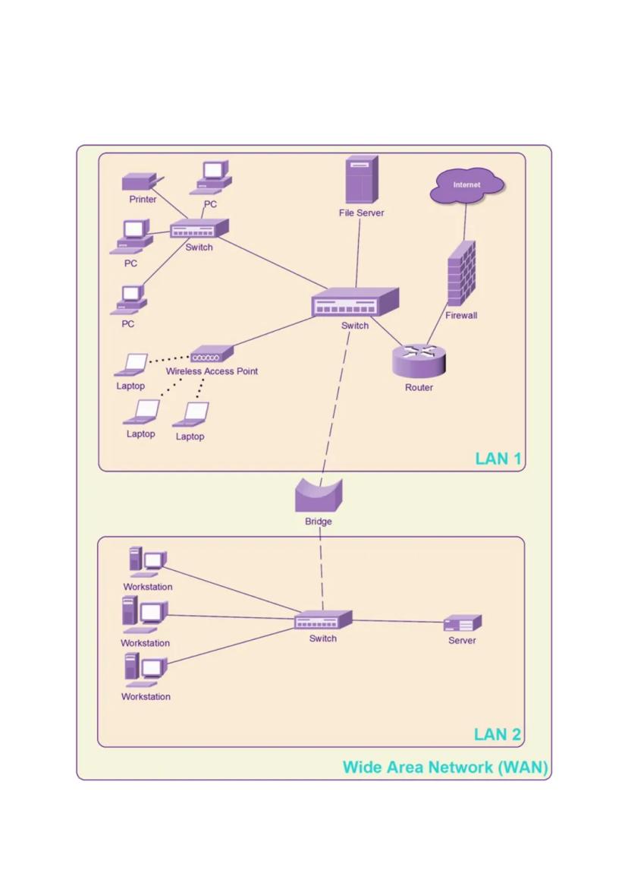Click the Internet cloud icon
466,186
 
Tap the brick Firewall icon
461,274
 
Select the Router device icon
419,360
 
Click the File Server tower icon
361,180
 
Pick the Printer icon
140,182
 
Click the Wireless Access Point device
212,354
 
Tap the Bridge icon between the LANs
319,497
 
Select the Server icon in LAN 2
462,624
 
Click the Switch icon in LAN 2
323,620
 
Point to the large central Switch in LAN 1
355,303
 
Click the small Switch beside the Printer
199,229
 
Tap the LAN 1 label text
498,459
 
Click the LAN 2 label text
497,734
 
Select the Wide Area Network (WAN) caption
444,767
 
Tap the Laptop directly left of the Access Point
132,365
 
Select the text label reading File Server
361,213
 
